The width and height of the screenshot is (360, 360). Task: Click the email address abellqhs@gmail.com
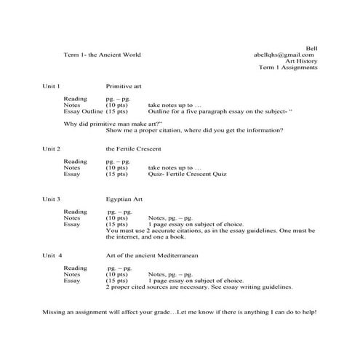284,55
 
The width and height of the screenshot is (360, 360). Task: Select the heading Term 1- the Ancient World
102,55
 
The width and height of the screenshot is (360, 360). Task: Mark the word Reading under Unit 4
75,268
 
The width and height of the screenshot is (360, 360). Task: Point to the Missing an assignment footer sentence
179,312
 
